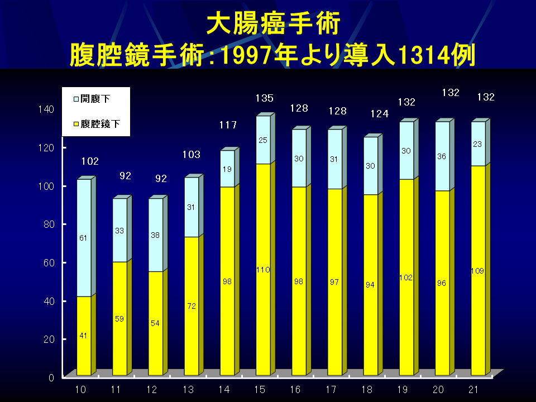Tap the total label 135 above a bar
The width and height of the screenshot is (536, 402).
pyautogui.click(x=264, y=98)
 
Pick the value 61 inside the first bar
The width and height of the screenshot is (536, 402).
pyautogui.click(x=83, y=238)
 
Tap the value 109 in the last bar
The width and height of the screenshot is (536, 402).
pyautogui.click(x=477, y=271)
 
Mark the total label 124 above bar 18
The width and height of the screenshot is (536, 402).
pyautogui.click(x=379, y=114)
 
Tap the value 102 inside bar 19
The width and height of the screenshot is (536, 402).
pyautogui.click(x=406, y=277)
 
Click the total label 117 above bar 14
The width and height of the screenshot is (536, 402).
pyautogui.click(x=228, y=125)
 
